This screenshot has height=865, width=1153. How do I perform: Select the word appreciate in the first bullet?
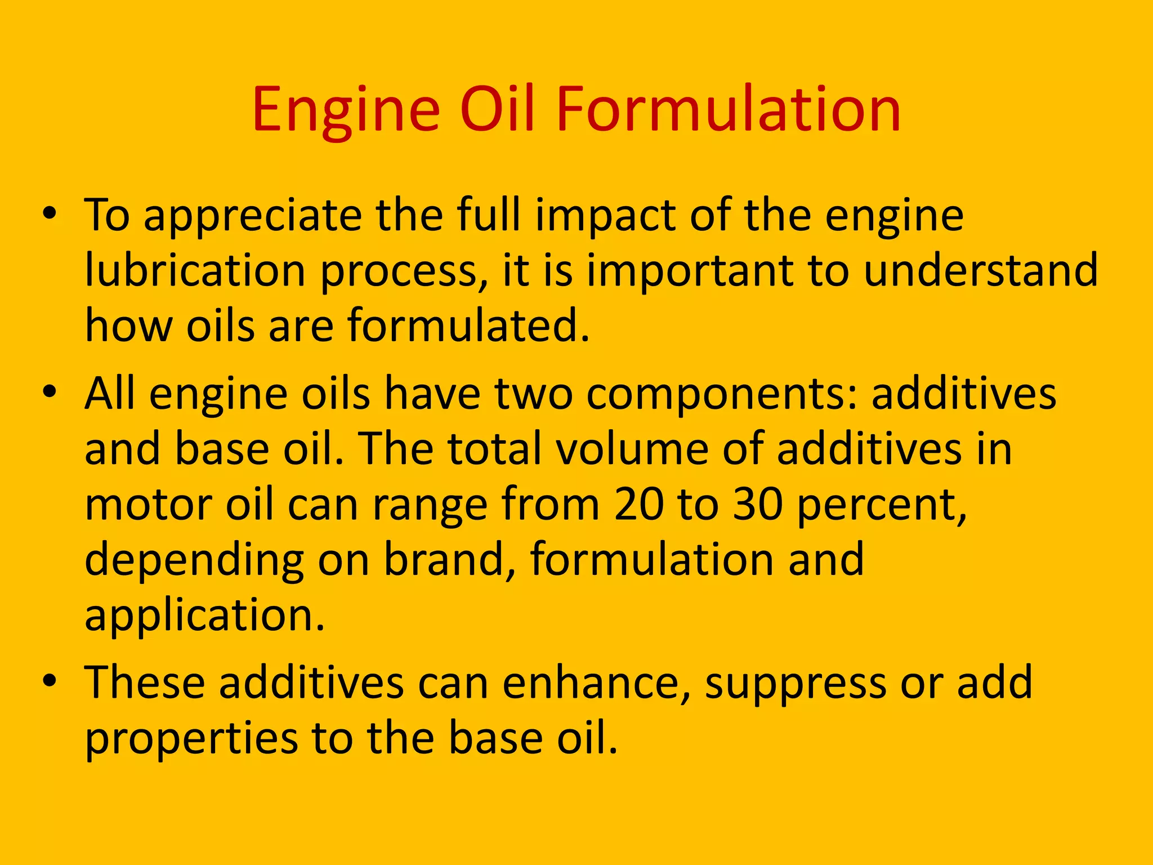coord(253,217)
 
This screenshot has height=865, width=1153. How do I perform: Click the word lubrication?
coord(195,271)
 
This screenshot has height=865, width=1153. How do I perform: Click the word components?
coord(722,394)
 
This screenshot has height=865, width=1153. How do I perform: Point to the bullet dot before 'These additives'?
coord(50,680)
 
